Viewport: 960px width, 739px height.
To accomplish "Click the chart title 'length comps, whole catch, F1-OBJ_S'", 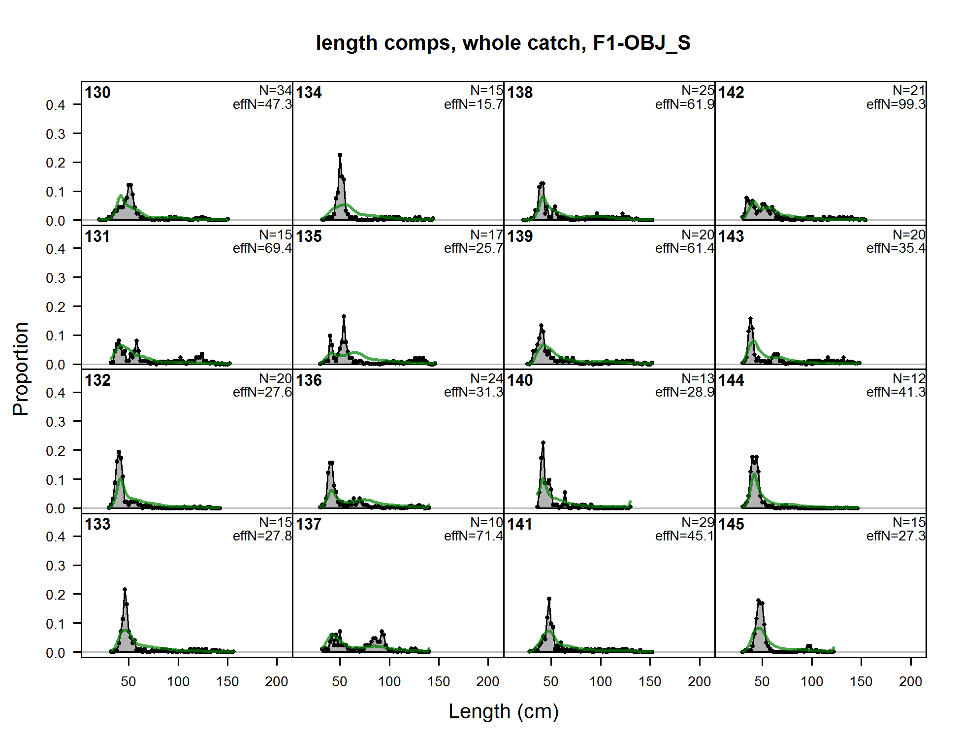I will click(x=503, y=43).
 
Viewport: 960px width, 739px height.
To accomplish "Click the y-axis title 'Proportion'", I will click(x=21, y=369).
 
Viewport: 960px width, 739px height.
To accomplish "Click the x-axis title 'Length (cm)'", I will click(x=503, y=711).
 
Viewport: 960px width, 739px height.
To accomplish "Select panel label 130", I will click(x=97, y=93).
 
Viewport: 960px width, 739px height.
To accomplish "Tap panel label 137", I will click(x=309, y=524).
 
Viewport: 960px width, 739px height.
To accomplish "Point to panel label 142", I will click(x=731, y=93).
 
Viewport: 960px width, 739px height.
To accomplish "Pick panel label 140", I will click(x=520, y=380).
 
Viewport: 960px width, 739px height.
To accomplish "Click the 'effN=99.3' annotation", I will click(x=896, y=104).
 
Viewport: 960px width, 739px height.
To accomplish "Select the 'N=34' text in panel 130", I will click(x=276, y=91).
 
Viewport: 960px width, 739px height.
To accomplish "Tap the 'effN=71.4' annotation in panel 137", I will click(x=473, y=536).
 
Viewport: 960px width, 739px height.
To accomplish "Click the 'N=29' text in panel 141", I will click(x=698, y=522).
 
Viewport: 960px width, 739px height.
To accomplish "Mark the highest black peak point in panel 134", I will click(x=340, y=155).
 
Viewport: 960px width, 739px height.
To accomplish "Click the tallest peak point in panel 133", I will click(x=125, y=589).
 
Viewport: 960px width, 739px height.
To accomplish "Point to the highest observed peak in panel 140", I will click(x=543, y=442).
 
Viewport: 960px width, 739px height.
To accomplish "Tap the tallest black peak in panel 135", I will click(x=344, y=316).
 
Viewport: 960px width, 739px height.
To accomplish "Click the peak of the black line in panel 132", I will click(x=119, y=452).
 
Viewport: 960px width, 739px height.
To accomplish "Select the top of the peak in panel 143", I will click(x=750, y=318).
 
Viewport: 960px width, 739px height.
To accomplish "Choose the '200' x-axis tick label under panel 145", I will click(x=910, y=682).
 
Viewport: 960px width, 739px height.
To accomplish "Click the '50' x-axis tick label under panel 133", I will click(x=128, y=682).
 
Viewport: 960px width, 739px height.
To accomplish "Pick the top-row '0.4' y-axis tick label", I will click(x=55, y=105).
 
